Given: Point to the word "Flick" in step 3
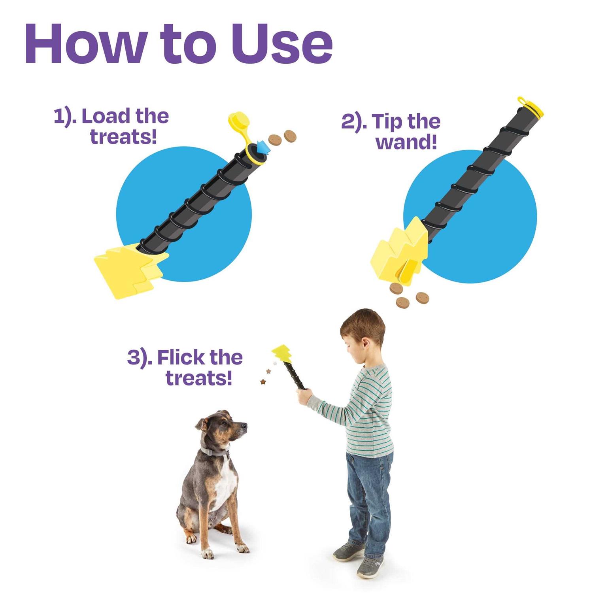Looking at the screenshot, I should point(180,357).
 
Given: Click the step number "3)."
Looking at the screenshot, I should point(140,357).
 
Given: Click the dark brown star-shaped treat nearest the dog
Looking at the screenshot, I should point(263,381).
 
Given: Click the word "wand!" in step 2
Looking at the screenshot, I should point(406,142).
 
